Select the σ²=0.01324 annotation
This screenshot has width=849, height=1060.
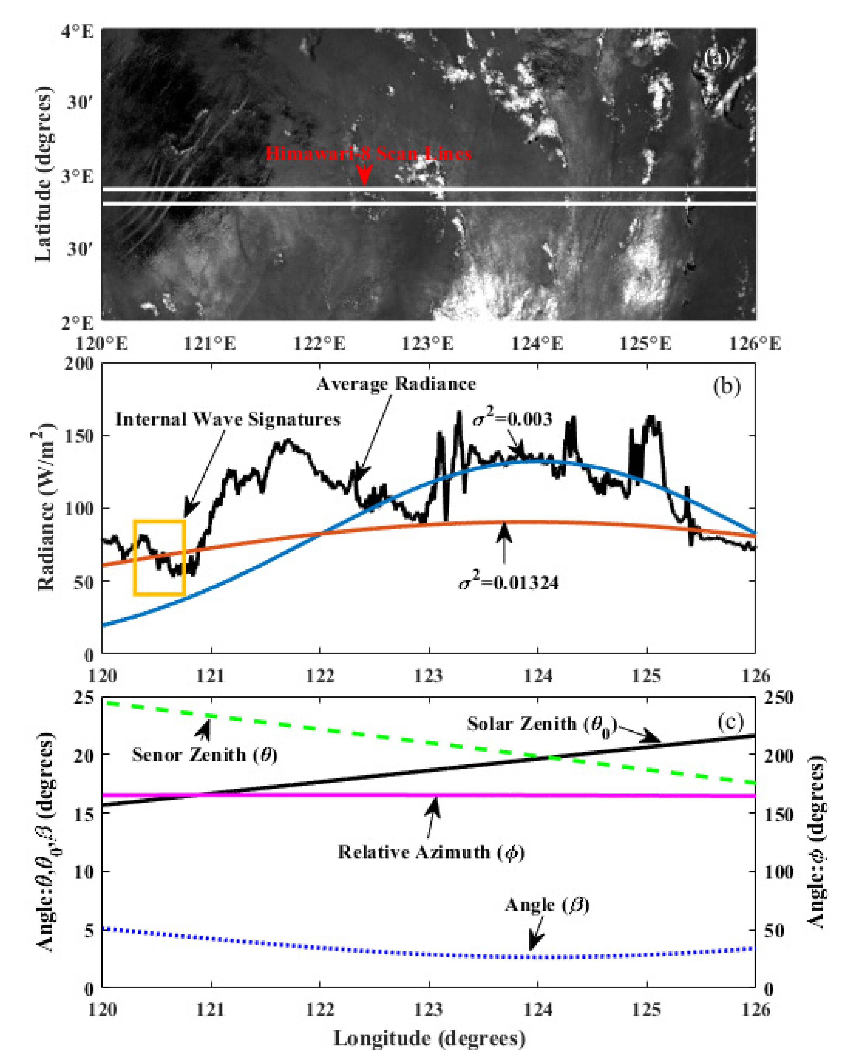pyautogui.click(x=509, y=583)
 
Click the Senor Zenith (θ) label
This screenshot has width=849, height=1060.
pyautogui.click(x=204, y=755)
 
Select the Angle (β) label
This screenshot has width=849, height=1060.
pyautogui.click(x=547, y=905)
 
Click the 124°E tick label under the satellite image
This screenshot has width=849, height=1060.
pyautogui.click(x=537, y=343)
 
